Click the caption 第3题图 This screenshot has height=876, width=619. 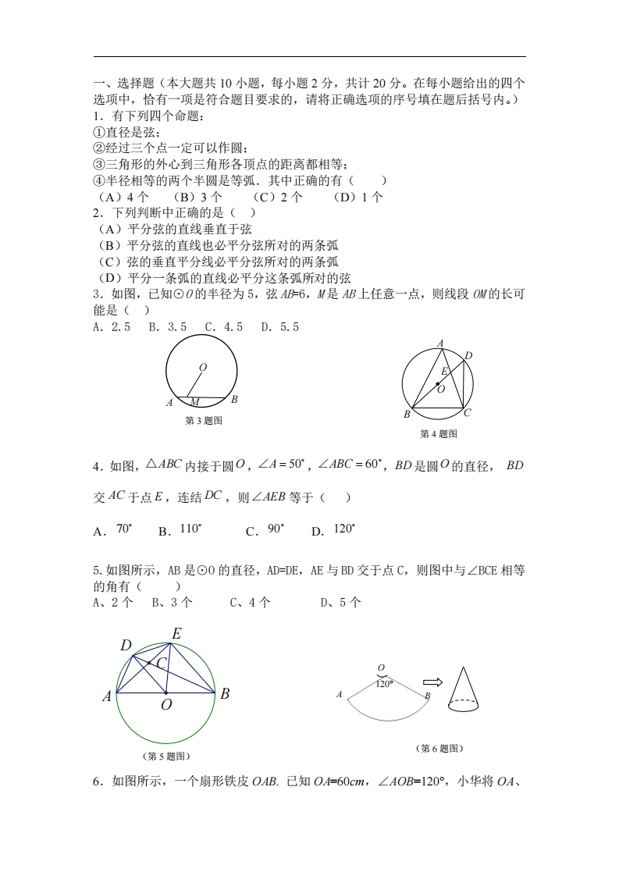pyautogui.click(x=203, y=421)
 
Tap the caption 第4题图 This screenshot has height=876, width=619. pyautogui.click(x=438, y=434)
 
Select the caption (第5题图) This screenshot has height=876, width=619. pyautogui.click(x=165, y=756)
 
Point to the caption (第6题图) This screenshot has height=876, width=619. pyautogui.click(x=440, y=749)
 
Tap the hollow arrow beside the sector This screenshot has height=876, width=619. pyautogui.click(x=432, y=682)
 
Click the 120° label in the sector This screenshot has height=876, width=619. pyautogui.click(x=384, y=683)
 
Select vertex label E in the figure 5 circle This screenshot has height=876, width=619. pyautogui.click(x=176, y=634)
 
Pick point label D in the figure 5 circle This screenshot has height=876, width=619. pyautogui.click(x=126, y=645)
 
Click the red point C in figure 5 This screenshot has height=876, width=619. pyautogui.click(x=149, y=664)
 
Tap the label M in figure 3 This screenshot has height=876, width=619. pyautogui.click(x=195, y=402)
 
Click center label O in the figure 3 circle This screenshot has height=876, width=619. pyautogui.click(x=203, y=367)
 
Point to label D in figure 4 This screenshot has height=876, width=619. pyautogui.click(x=468, y=356)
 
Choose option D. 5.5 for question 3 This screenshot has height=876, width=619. pyautogui.click(x=279, y=327)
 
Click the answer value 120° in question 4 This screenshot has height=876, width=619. pyautogui.click(x=344, y=529)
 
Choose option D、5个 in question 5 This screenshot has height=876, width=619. pyautogui.click(x=340, y=602)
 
